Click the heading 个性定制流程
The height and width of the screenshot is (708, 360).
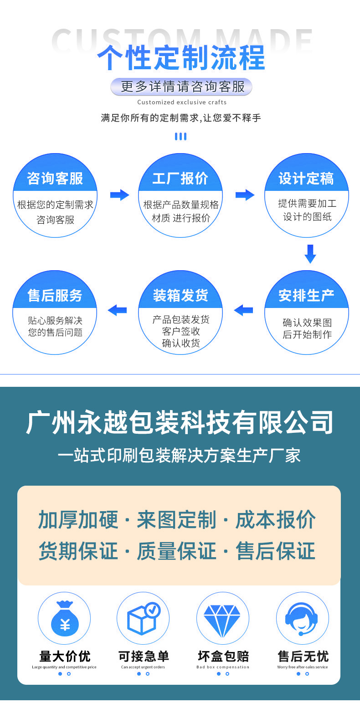181,58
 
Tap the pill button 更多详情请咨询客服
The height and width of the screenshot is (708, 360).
181,87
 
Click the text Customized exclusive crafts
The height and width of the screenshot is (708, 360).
181,102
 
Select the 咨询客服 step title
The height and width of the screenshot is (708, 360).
55,179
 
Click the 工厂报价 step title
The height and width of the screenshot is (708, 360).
180,179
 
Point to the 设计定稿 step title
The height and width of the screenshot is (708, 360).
306,179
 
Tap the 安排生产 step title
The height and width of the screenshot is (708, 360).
306,296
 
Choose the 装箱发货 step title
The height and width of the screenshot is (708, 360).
180,296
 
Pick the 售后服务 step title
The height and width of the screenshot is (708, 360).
55,296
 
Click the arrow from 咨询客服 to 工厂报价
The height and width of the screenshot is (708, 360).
119,195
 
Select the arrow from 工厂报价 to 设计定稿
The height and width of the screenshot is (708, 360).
245,195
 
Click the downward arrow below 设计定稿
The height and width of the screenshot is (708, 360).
310,254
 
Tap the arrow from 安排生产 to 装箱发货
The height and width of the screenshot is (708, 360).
243,310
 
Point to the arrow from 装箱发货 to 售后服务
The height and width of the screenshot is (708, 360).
117,310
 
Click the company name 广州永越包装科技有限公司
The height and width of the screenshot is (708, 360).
180,423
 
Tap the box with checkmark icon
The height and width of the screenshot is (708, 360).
143,618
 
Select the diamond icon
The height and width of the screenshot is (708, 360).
222,618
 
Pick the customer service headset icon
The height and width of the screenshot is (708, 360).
302,618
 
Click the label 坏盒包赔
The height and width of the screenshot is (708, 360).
223,657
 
